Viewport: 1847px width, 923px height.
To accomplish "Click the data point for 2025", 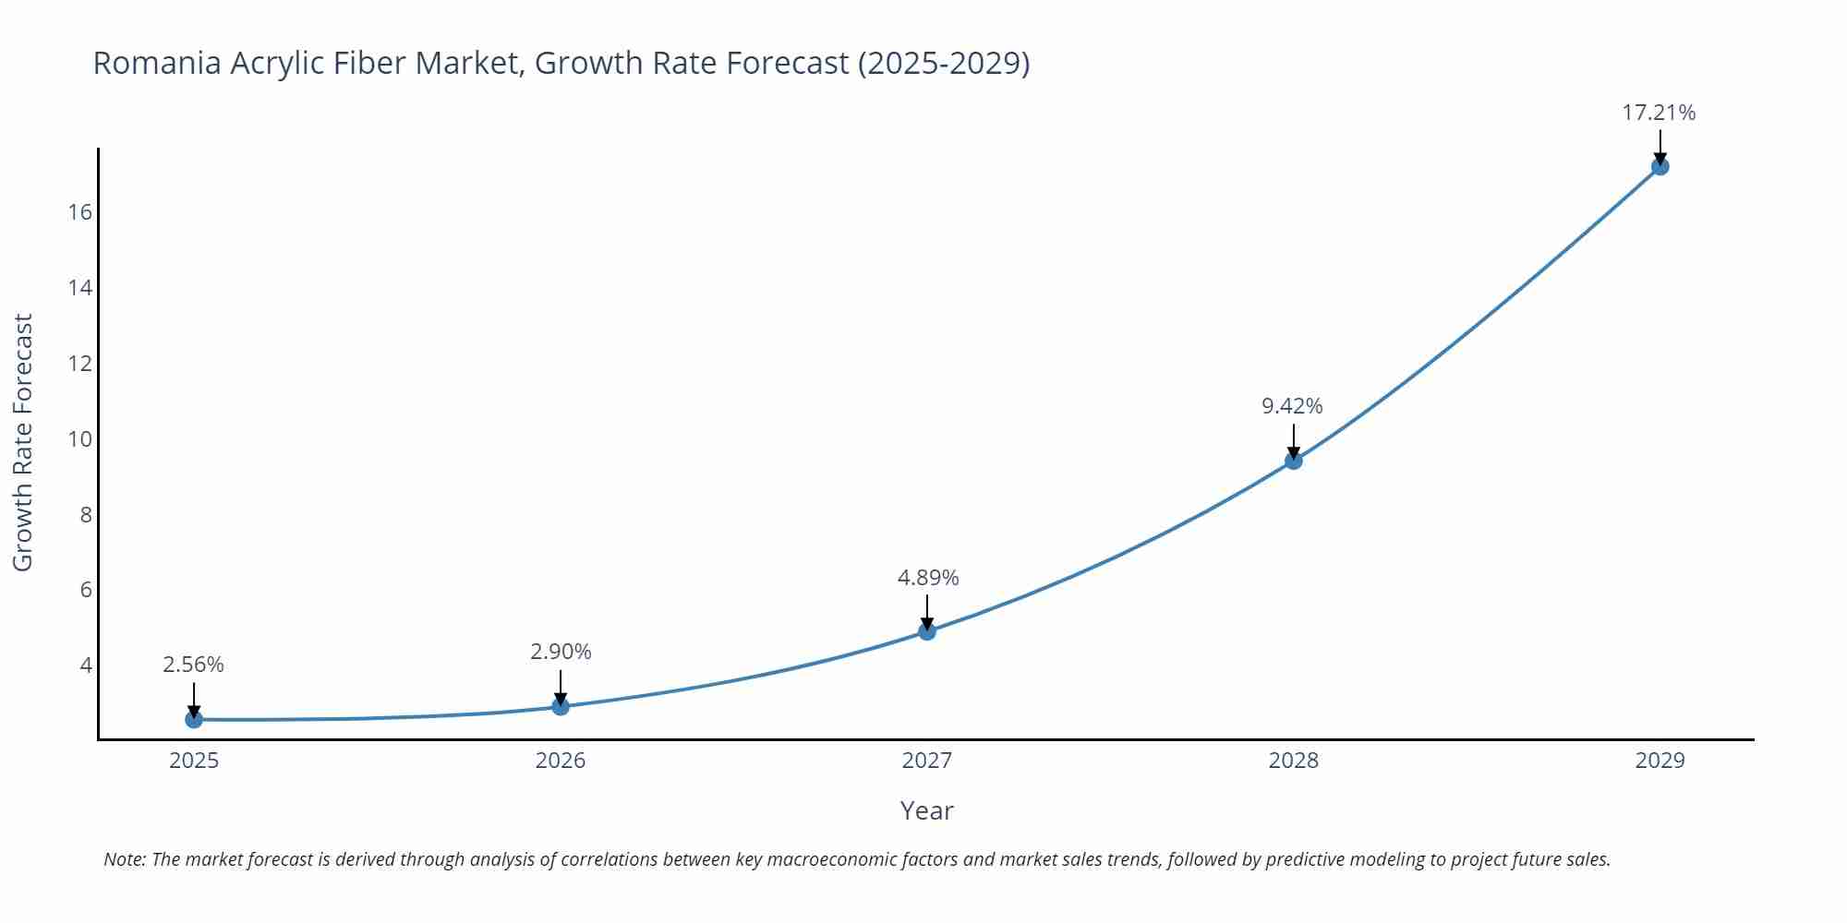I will pyautogui.click(x=194, y=719).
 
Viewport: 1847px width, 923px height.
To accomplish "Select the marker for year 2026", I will pyautogui.click(x=561, y=706).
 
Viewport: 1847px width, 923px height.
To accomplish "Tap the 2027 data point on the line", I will pyautogui.click(x=927, y=631).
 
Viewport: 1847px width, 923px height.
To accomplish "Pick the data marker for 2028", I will pyautogui.click(x=1294, y=461).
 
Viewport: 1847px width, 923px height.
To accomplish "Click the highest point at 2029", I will pyautogui.click(x=1660, y=166).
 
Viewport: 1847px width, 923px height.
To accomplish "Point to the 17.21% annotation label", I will pyautogui.click(x=1659, y=113).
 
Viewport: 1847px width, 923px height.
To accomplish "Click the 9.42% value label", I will pyautogui.click(x=1292, y=406).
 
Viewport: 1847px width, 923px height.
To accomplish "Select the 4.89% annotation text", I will pyautogui.click(x=928, y=578).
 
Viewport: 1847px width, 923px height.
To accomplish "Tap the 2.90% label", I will pyautogui.click(x=561, y=652).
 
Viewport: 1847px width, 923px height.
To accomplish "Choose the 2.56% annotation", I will pyautogui.click(x=193, y=665).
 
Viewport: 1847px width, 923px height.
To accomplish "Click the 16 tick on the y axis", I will pyautogui.click(x=80, y=212).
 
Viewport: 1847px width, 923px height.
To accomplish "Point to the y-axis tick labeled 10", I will pyautogui.click(x=80, y=438).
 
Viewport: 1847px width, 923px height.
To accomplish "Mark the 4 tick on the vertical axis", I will pyautogui.click(x=86, y=665).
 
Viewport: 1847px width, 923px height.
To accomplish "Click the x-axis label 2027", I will pyautogui.click(x=927, y=761).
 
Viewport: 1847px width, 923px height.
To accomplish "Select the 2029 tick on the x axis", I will pyautogui.click(x=1660, y=761).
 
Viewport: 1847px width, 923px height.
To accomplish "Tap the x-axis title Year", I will pyautogui.click(x=926, y=810).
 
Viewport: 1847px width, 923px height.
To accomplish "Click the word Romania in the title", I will pyautogui.click(x=156, y=63).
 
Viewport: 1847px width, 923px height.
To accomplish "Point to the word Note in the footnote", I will pyautogui.click(x=124, y=859).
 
